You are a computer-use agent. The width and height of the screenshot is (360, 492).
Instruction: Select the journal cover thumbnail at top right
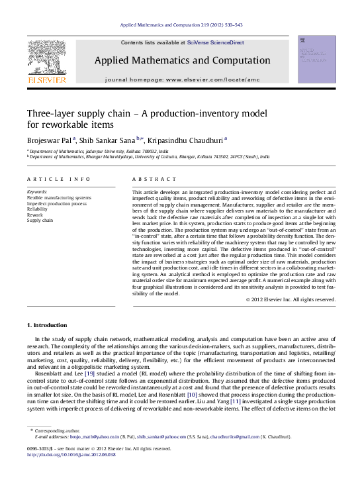point(316,60)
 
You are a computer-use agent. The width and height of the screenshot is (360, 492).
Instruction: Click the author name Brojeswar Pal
point(50,140)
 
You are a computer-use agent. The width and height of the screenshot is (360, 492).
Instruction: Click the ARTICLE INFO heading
point(50,179)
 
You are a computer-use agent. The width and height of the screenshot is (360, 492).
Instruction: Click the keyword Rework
point(34,215)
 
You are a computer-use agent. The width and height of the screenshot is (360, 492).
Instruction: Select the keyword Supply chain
point(40,220)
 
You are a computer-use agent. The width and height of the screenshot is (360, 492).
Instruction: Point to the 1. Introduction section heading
point(47,325)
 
